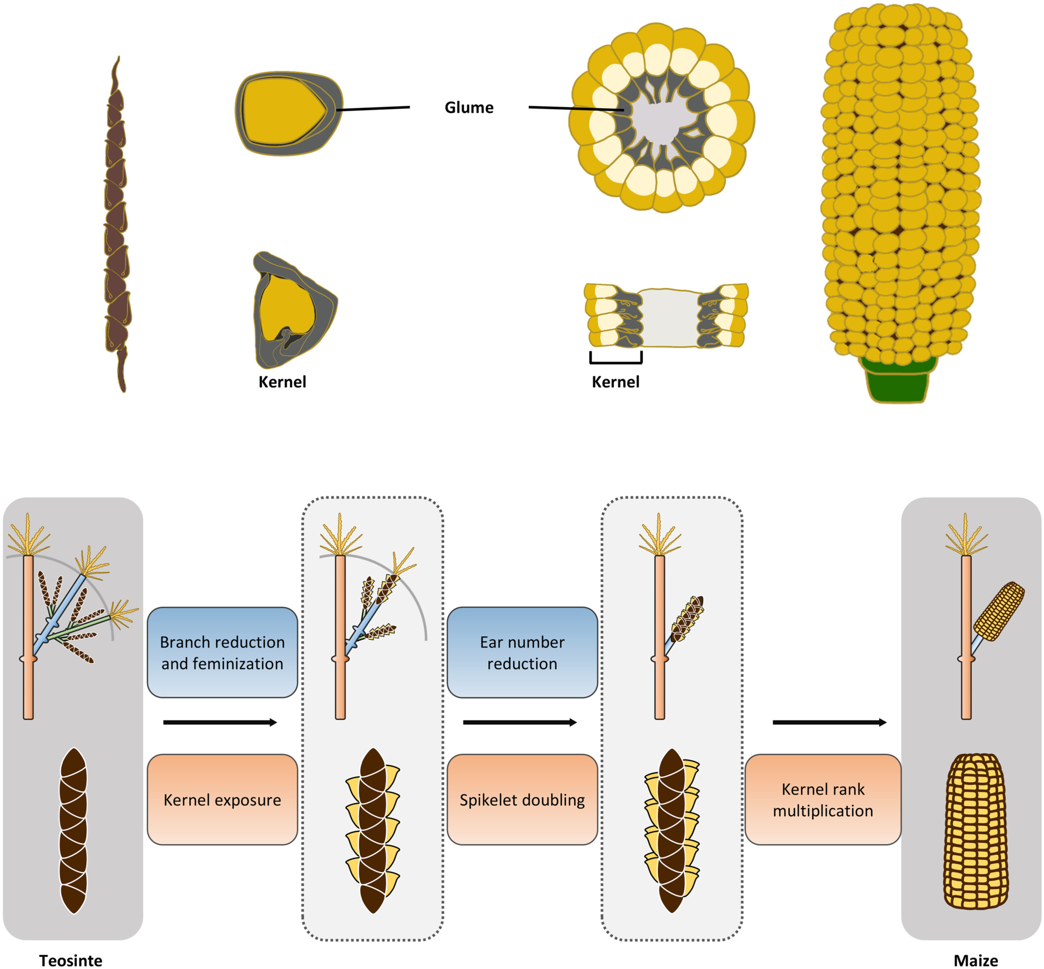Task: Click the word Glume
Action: pyautogui.click(x=469, y=107)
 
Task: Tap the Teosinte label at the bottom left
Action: pyautogui.click(x=71, y=960)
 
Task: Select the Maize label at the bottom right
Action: pyautogui.click(x=975, y=960)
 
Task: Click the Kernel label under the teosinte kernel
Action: pyautogui.click(x=282, y=381)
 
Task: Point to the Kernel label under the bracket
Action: pyautogui.click(x=615, y=381)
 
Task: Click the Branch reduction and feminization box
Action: pyautogui.click(x=222, y=652)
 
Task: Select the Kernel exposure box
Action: pyautogui.click(x=222, y=799)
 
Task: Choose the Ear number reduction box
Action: pyautogui.click(x=522, y=652)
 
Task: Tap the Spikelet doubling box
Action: pyautogui.click(x=522, y=799)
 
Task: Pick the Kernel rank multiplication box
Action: pyautogui.click(x=823, y=799)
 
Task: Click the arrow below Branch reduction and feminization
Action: pyautogui.click(x=220, y=723)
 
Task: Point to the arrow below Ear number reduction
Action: pyautogui.click(x=520, y=723)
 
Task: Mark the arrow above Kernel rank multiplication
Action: pyautogui.click(x=830, y=723)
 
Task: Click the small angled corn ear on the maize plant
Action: pyautogui.click(x=999, y=611)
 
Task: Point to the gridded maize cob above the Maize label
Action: pyautogui.click(x=975, y=831)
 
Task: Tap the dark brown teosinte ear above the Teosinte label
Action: pyautogui.click(x=73, y=831)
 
